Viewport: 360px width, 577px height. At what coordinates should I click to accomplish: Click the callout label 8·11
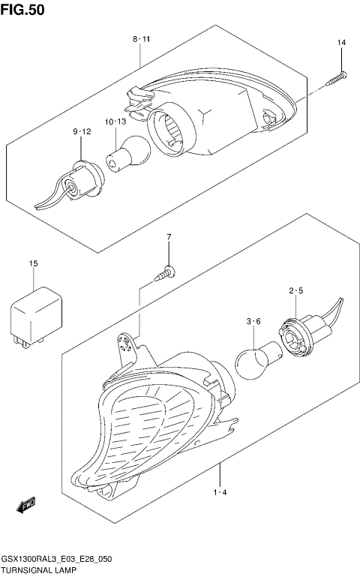(142, 38)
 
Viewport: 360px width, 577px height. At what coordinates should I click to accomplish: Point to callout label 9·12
(82, 132)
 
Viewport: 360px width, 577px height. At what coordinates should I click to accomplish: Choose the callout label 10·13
(115, 122)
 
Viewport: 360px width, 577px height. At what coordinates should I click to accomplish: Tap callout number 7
(169, 238)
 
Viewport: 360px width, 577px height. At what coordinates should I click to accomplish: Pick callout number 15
(33, 263)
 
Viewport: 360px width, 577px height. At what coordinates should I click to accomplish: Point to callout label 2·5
(295, 290)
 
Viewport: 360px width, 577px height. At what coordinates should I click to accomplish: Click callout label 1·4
(220, 492)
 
